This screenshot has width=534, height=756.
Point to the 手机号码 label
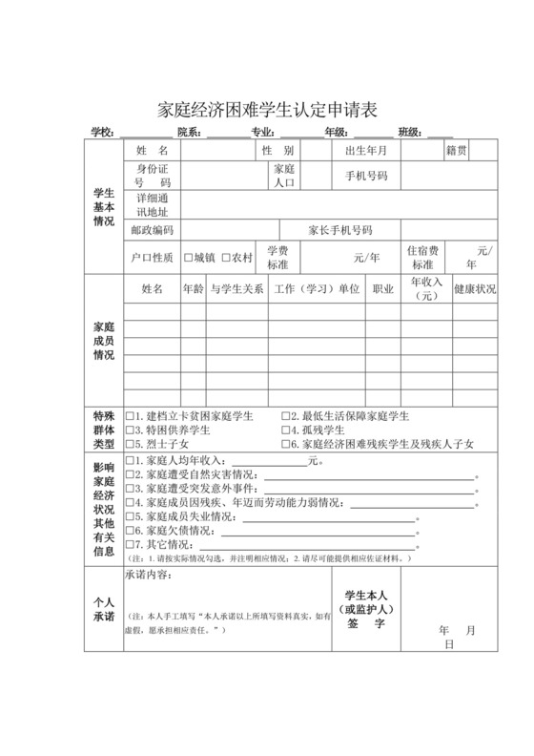tap(366, 177)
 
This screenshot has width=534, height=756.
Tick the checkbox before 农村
tap(226, 258)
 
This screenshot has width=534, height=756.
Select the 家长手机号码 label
tap(339, 231)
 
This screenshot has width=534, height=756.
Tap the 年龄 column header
tap(193, 288)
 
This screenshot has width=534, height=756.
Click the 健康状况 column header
tap(474, 288)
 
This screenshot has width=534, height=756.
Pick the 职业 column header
tap(383, 288)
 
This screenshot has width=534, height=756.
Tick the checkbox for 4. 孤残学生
tap(285, 430)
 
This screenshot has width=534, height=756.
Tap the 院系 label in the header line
tap(189, 132)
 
